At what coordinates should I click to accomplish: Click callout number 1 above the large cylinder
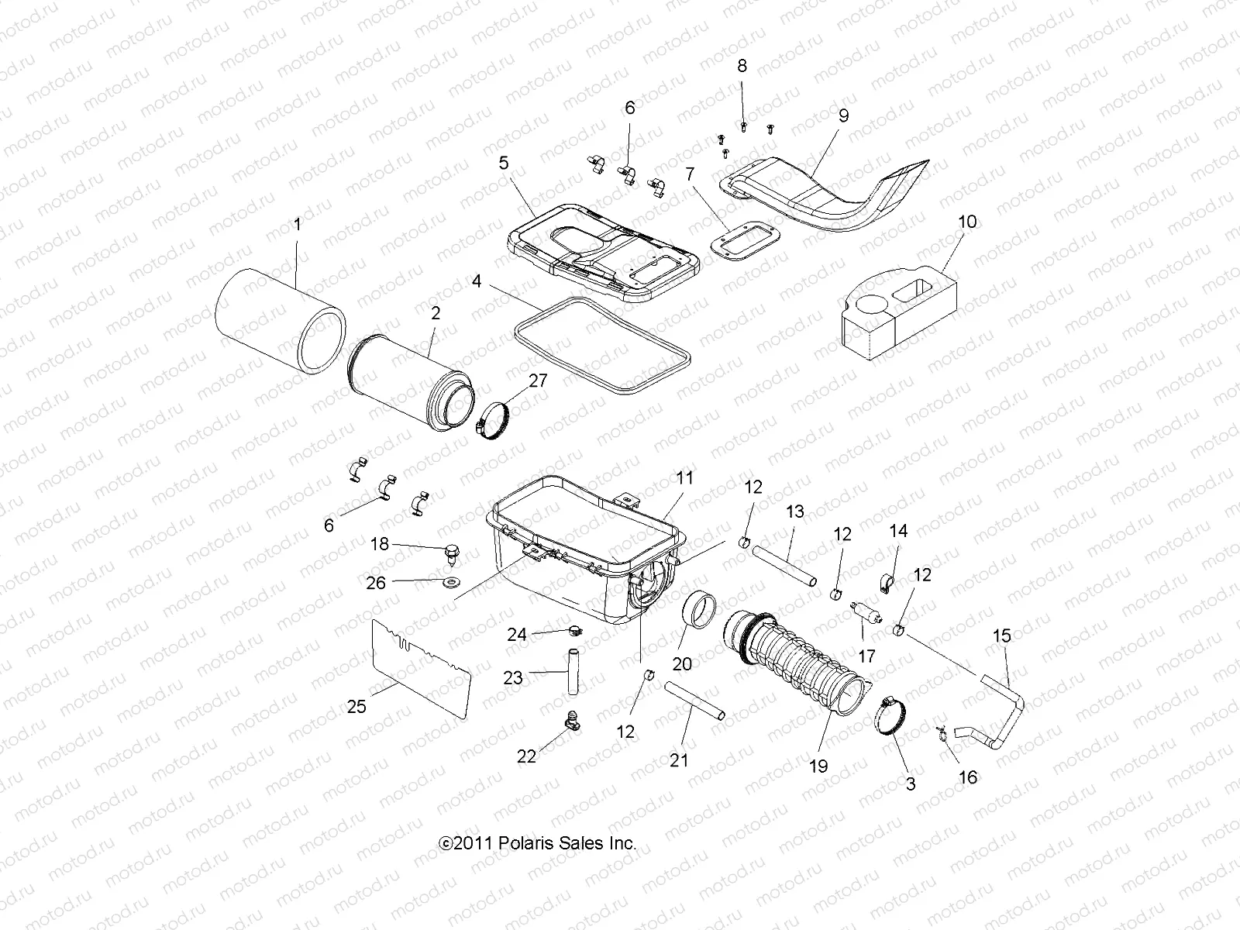pyautogui.click(x=297, y=226)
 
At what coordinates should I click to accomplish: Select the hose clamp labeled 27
pyautogui.click(x=495, y=422)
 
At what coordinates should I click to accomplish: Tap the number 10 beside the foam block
pyautogui.click(x=966, y=222)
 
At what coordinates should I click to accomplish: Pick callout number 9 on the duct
pyautogui.click(x=843, y=115)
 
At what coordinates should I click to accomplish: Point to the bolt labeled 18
pyautogui.click(x=450, y=552)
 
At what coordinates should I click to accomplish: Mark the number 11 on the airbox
pyautogui.click(x=684, y=478)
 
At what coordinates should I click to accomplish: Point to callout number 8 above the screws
pyautogui.click(x=742, y=67)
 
